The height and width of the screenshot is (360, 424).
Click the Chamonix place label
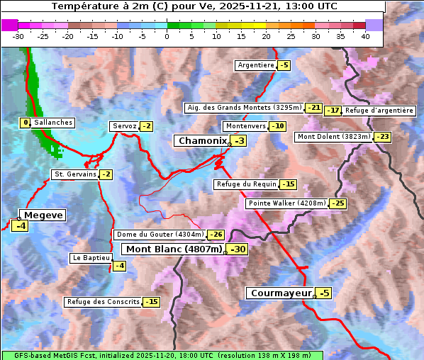[x=202, y=141]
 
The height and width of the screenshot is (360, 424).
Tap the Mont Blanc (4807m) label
[x=174, y=249]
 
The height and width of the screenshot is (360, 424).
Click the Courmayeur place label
[x=281, y=293]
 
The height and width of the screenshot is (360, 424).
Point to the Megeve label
[x=43, y=215]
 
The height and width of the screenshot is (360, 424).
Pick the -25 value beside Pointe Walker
[x=338, y=203]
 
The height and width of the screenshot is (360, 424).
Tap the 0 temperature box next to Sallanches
[x=26, y=123]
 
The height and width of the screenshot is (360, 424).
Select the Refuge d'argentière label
[x=379, y=111]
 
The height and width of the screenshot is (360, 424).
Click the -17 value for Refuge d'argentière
[x=333, y=111]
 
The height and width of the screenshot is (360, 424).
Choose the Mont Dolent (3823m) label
[x=334, y=137]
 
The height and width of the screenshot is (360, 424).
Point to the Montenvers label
[x=245, y=126]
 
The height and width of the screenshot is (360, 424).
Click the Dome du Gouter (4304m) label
[x=160, y=235]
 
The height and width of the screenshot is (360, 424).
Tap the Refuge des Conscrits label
[x=103, y=302]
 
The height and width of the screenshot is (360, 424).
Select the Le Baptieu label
[x=90, y=258]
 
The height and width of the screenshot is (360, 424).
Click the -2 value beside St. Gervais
[x=106, y=174]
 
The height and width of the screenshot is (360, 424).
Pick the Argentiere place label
[x=256, y=65]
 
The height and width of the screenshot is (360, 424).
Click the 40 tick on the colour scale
[x=365, y=36]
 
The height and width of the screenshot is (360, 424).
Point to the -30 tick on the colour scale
[x=18, y=36]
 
